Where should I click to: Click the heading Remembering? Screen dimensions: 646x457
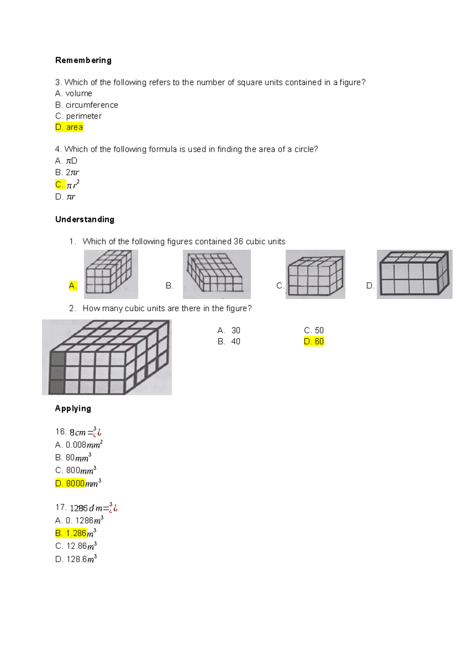(83, 60)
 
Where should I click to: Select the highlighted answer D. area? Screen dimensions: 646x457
(69, 127)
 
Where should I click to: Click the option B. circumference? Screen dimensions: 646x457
(86, 105)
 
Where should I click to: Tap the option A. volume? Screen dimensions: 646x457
(74, 93)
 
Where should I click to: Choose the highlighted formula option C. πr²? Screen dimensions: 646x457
(67, 185)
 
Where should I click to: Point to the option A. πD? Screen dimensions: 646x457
(66, 161)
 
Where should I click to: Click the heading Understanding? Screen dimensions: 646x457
(85, 219)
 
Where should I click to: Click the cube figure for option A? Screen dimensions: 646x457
(111, 274)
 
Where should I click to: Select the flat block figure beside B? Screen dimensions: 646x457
(216, 274)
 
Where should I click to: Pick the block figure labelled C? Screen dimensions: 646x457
(315, 274)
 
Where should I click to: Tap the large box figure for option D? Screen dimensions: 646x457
(414, 274)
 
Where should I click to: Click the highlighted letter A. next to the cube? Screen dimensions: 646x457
(73, 286)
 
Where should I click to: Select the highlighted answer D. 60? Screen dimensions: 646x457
(314, 342)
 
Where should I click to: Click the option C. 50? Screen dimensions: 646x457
(313, 330)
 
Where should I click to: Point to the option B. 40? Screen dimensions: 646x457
(229, 342)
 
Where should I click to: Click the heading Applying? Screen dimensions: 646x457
(73, 409)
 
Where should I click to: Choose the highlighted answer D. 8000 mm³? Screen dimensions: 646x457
(78, 483)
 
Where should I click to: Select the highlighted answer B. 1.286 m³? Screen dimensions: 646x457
(75, 533)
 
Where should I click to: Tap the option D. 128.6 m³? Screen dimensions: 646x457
(76, 559)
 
